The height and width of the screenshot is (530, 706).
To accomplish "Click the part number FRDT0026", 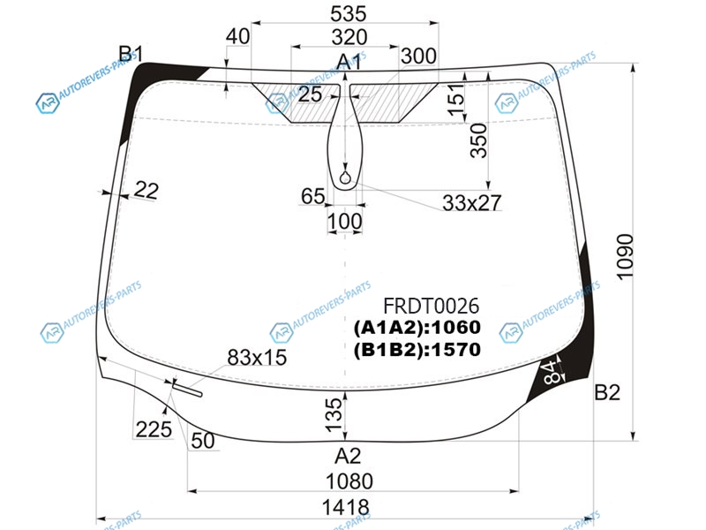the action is click(431, 306).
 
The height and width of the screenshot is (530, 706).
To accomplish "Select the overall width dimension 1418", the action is click(345, 507).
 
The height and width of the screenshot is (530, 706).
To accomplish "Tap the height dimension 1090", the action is click(625, 257).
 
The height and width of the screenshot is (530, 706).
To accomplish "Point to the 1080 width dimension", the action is click(349, 481).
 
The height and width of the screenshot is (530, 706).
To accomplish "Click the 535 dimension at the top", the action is click(348, 13).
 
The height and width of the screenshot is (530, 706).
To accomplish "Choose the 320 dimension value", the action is click(349, 37).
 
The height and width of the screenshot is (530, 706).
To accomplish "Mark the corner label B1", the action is click(131, 54).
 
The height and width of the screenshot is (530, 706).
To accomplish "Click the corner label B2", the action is click(607, 392).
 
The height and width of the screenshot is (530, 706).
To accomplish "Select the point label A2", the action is click(348, 456).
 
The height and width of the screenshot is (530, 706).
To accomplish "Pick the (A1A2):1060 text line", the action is click(417, 328).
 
